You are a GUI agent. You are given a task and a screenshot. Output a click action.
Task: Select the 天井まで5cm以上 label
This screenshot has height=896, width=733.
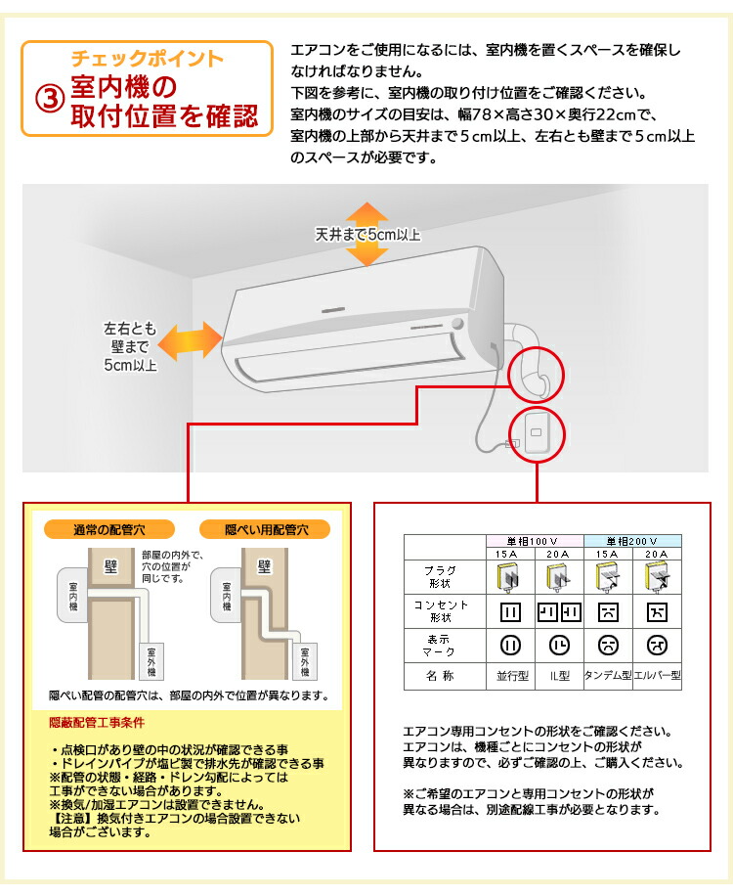366,235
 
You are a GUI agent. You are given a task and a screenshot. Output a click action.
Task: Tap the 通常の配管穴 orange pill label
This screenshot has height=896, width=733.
108,530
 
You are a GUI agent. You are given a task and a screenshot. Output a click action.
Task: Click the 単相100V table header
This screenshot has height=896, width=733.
535,541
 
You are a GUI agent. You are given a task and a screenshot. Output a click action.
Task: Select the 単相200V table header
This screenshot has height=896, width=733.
632,541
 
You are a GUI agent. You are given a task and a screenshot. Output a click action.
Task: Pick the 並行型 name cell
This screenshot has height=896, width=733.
510,675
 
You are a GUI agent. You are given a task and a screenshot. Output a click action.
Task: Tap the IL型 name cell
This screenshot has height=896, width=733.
559,675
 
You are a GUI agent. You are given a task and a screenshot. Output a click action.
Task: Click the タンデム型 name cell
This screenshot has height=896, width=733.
608,675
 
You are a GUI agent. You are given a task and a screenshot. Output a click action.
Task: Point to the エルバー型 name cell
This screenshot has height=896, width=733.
657,675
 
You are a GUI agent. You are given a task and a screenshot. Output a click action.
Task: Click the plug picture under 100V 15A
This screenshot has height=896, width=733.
510,578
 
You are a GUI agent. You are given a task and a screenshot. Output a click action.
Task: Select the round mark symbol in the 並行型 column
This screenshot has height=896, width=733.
510,645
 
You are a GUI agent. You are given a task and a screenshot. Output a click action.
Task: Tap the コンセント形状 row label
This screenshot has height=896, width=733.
445,612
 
